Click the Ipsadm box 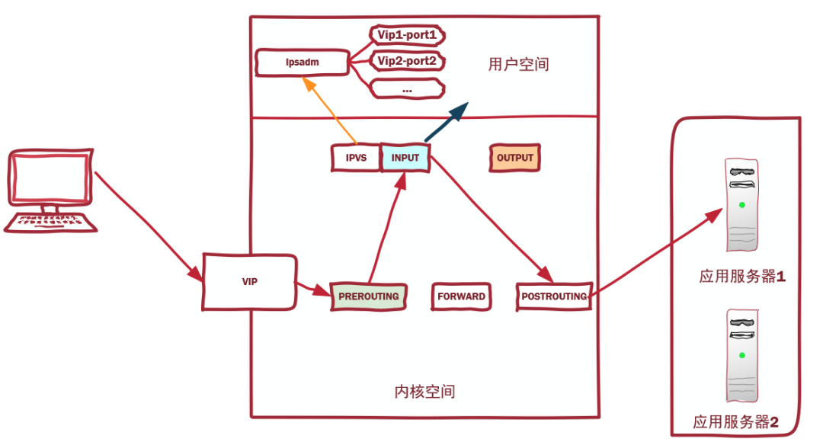pyautogui.click(x=303, y=62)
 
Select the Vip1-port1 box pyautogui.click(x=407, y=35)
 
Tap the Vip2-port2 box pyautogui.click(x=407, y=61)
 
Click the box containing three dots pyautogui.click(x=407, y=88)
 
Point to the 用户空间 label pyautogui.click(x=518, y=65)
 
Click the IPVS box pyautogui.click(x=356, y=158)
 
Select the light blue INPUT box pyautogui.click(x=405, y=158)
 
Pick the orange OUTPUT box pyautogui.click(x=515, y=158)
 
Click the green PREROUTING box pyautogui.click(x=369, y=296)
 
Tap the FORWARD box pyautogui.click(x=461, y=296)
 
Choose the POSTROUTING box pyautogui.click(x=554, y=296)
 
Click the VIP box pyautogui.click(x=250, y=282)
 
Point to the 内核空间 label pyautogui.click(x=424, y=392)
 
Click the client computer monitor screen pyautogui.click(x=51, y=178)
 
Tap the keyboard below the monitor pyautogui.click(x=51, y=222)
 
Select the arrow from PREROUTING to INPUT pyautogui.click(x=385, y=229)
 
